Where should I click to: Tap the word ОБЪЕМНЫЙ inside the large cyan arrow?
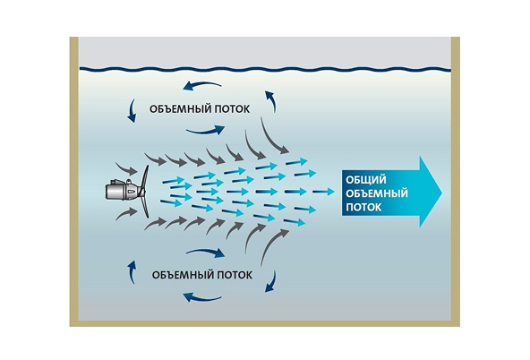tap(377, 193)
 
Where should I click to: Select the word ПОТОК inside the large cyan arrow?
tap(363, 207)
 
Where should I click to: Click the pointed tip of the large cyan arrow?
tap(441, 192)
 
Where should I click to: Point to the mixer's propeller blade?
tap(145, 192)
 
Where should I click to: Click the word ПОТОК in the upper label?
tap(233, 109)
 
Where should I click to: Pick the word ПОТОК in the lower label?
tap(235, 275)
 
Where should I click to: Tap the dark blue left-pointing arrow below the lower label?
tap(201, 298)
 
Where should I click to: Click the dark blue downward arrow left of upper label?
tap(132, 111)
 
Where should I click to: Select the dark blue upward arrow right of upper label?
tap(271, 100)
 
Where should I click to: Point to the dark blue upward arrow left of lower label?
tap(132, 272)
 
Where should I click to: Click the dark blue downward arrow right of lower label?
tap(271, 281)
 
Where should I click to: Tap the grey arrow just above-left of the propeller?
tap(126, 168)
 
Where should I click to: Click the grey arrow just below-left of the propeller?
tap(126, 215)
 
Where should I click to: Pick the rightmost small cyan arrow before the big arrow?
tap(323, 192)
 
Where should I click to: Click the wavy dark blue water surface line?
tap(265, 69)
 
